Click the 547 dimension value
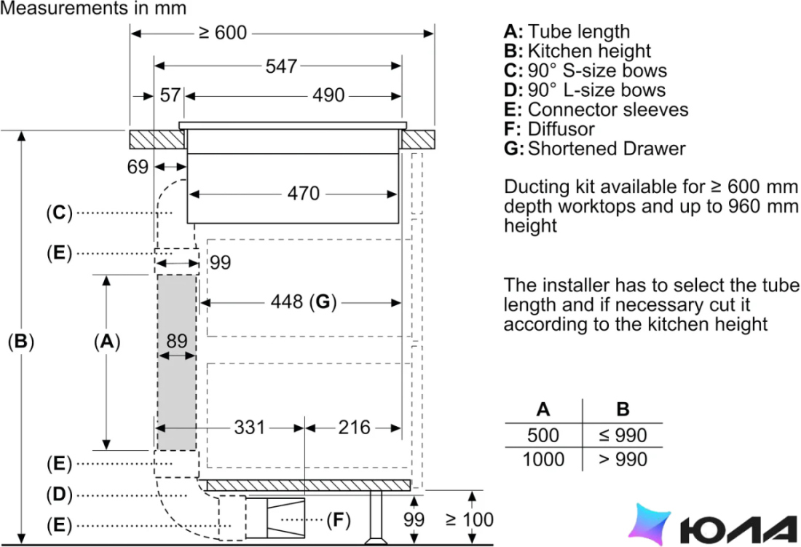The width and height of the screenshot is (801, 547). [x=281, y=66]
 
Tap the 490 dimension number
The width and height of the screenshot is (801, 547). [x=328, y=95]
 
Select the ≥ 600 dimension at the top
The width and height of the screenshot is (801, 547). [x=223, y=33]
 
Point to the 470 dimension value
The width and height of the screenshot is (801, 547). [x=304, y=194]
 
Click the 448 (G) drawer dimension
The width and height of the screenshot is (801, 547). [x=304, y=302]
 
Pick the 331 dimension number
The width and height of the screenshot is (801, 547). [x=249, y=427]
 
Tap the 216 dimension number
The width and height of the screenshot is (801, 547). [x=354, y=427]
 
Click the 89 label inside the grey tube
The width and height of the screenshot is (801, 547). [x=177, y=341]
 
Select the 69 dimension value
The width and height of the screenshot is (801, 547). [x=138, y=167]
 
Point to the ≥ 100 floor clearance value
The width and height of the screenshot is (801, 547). [x=470, y=519]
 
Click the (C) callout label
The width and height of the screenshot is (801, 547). [x=59, y=213]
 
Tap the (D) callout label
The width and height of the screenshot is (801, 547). [x=59, y=495]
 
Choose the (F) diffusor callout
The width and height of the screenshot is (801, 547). [x=339, y=520]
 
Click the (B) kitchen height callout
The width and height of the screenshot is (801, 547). [x=21, y=341]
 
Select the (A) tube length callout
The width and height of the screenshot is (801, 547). [x=107, y=341]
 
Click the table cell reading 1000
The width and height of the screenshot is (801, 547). [x=543, y=459]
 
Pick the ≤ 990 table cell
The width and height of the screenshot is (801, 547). [x=623, y=435]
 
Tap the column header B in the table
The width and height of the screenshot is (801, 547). [x=623, y=409]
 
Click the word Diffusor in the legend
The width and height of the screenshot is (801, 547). [x=561, y=129]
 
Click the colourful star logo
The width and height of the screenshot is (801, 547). [x=649, y=524]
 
